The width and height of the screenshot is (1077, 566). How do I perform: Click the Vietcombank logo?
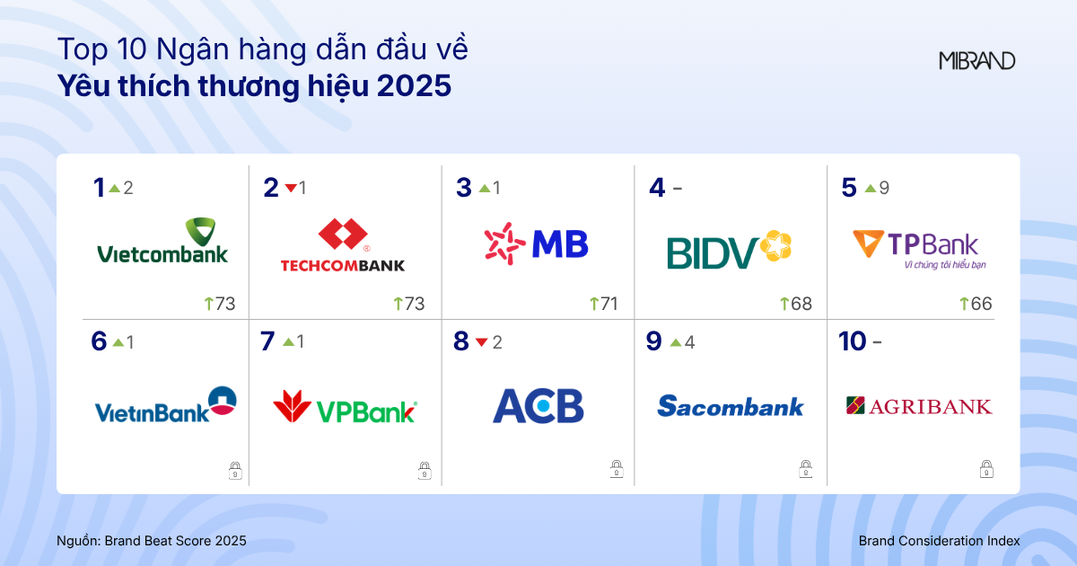(162, 241)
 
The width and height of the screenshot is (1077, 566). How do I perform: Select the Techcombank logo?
(343, 245)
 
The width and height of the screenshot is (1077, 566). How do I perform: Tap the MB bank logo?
(536, 243)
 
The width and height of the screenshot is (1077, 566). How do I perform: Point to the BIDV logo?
(729, 250)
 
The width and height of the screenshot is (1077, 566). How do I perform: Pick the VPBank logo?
(346, 408)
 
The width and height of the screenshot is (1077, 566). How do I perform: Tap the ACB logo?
(538, 406)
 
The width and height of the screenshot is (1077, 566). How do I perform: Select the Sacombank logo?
(731, 407)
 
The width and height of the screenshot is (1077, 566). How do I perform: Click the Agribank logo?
(919, 406)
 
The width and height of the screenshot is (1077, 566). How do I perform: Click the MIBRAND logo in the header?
(977, 61)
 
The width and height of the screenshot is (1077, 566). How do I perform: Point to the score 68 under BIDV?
(801, 304)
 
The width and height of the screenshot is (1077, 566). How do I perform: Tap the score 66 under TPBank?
(981, 304)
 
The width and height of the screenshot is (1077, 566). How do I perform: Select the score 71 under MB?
(609, 304)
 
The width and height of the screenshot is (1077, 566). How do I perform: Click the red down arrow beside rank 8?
(481, 342)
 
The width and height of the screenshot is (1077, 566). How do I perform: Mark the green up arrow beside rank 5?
(870, 189)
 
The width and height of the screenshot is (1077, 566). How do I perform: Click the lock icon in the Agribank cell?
(985, 469)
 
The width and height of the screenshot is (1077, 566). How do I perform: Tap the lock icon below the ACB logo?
(617, 469)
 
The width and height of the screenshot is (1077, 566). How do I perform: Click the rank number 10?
(852, 341)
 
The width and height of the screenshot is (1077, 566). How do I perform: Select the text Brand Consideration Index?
(939, 541)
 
